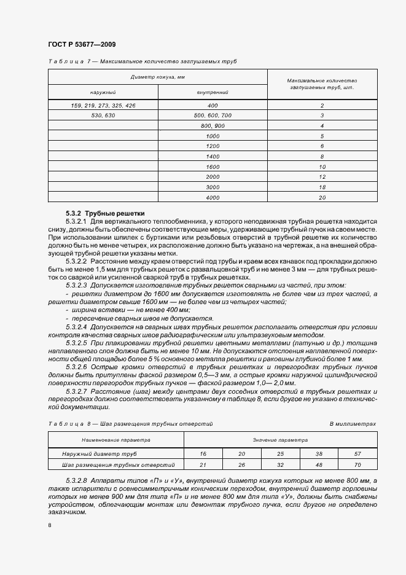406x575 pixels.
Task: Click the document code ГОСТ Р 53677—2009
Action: point(81,45)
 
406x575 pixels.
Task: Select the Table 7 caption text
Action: point(141,61)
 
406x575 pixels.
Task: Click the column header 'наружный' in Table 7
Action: point(103,92)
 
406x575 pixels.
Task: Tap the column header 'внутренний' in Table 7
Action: point(213,92)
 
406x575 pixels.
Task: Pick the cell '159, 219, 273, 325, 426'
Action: point(103,106)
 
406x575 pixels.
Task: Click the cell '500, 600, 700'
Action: point(213,115)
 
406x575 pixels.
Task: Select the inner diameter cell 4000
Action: point(213,197)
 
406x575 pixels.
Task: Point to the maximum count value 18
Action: point(322,187)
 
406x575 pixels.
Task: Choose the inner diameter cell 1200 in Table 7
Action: point(213,146)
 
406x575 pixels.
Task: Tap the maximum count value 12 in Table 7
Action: point(322,177)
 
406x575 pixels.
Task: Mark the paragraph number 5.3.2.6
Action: point(76,366)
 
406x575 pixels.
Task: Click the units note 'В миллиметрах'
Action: point(353,424)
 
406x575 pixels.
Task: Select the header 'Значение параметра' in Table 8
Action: point(280,440)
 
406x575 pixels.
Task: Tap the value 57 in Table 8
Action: point(357,455)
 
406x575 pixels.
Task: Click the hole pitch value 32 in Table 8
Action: point(280,465)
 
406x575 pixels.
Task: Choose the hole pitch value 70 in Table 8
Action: point(357,465)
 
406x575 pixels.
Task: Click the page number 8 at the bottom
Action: point(50,525)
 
